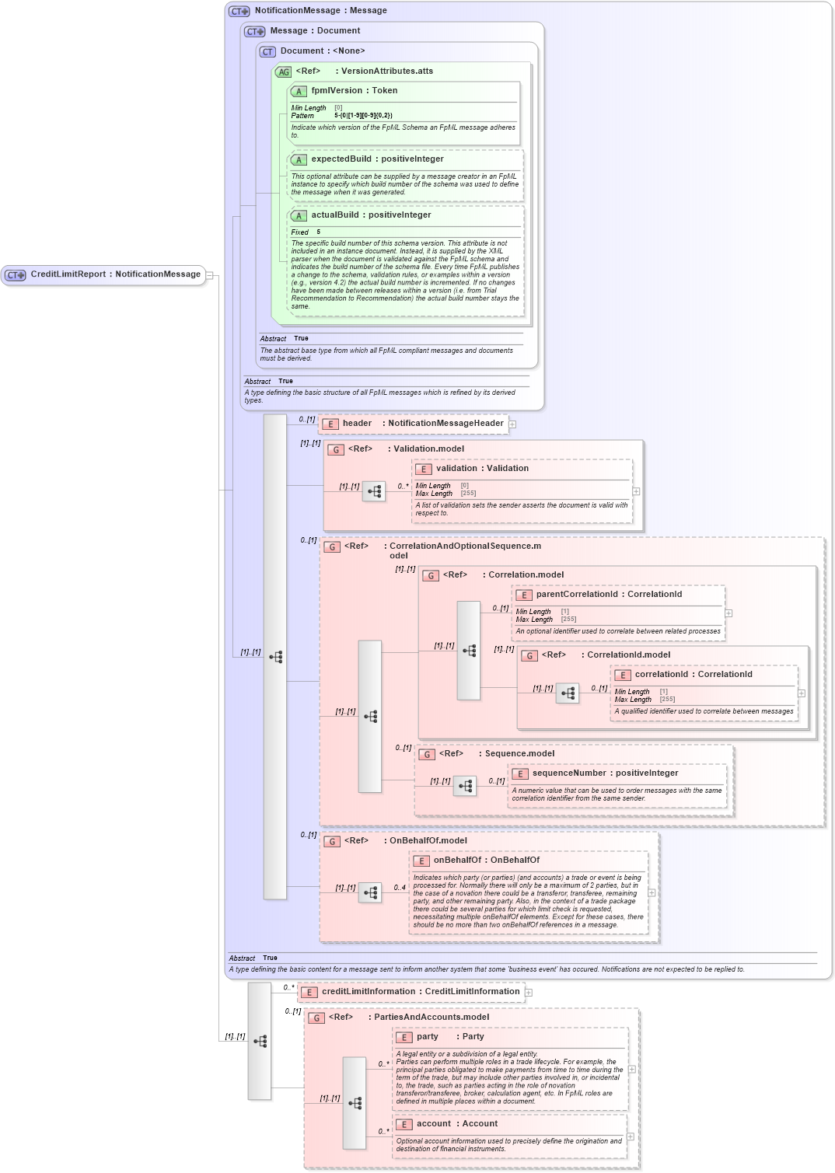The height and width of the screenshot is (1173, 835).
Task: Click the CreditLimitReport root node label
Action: [115, 274]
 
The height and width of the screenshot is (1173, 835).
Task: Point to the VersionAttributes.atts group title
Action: [386, 72]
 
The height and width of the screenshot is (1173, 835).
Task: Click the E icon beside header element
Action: [330, 424]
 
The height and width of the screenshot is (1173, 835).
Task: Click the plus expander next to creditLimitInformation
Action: [529, 993]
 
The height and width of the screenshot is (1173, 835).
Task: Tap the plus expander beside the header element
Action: [512, 424]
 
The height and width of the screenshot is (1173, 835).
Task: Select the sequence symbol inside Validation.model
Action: [374, 491]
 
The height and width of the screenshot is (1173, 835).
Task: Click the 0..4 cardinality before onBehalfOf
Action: [400, 888]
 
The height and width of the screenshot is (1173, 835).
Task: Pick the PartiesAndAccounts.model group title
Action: [431, 1018]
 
